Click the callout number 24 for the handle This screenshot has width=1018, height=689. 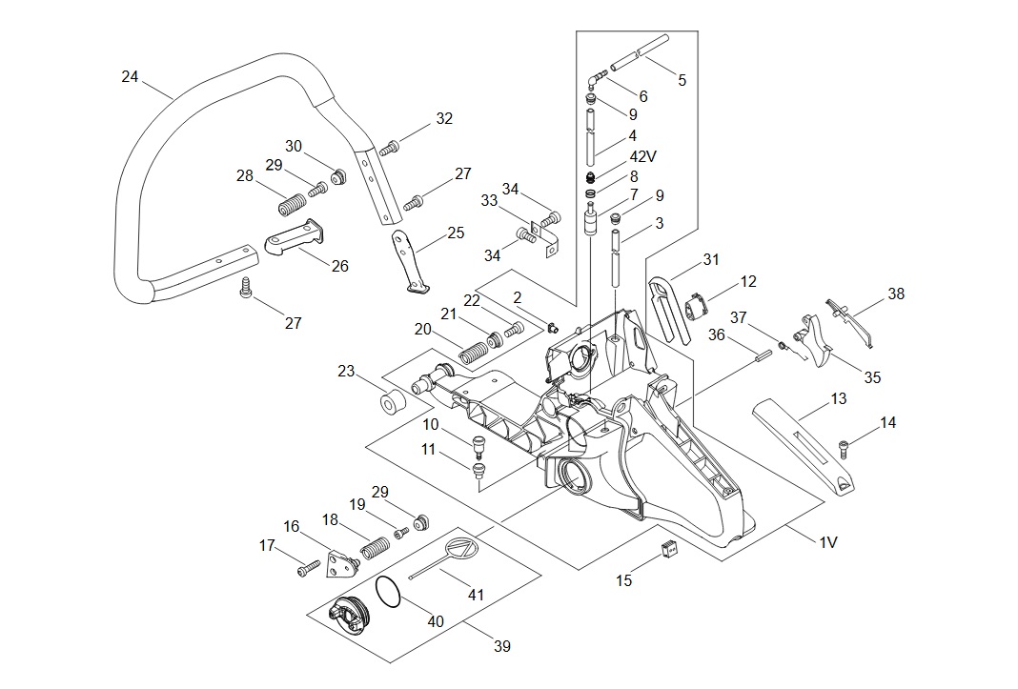tap(130, 76)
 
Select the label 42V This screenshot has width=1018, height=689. tap(642, 156)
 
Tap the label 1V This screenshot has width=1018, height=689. tap(827, 541)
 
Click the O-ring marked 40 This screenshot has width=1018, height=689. tap(388, 593)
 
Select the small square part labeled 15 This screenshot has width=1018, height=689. tap(669, 549)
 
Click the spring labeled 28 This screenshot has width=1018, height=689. tap(292, 205)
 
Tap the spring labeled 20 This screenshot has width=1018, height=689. tap(474, 352)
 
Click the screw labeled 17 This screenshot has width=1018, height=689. tap(309, 568)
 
